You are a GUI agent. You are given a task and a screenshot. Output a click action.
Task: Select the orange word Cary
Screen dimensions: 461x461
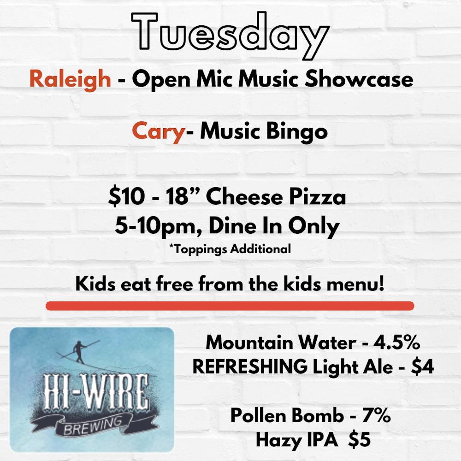click(x=158, y=132)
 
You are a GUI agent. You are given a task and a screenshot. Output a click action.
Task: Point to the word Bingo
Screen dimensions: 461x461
click(x=296, y=132)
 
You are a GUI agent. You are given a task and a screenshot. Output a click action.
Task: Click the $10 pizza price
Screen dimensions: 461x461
click(x=126, y=196)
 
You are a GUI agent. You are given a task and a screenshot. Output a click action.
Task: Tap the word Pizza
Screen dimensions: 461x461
click(x=317, y=196)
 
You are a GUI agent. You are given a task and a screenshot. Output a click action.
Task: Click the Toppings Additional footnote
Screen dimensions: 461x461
click(x=230, y=249)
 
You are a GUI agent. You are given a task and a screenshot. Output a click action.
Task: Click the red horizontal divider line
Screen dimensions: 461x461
click(x=230, y=306)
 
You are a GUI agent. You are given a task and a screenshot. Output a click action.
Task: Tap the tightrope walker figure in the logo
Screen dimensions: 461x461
click(x=79, y=352)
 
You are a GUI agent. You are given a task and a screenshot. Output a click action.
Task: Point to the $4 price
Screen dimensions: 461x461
click(x=422, y=367)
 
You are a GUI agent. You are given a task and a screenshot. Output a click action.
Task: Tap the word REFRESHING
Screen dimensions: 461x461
click(x=250, y=367)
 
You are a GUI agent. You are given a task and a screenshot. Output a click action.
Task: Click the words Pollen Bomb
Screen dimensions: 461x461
click(x=287, y=416)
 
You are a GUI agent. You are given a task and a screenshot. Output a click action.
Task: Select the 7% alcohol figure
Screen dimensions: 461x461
click(x=376, y=416)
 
